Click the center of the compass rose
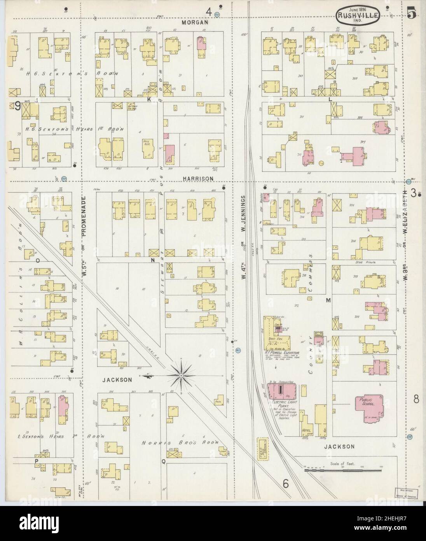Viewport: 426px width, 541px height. (x=181, y=375)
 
